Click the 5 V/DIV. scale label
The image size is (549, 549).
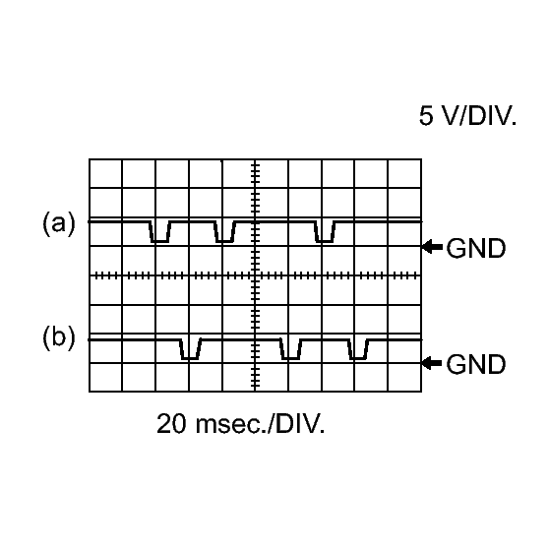[468, 117]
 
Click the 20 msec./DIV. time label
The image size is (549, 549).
[240, 425]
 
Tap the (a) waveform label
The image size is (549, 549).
[58, 223]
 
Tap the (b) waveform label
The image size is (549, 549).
[58, 337]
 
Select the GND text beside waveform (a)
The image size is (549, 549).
[476, 249]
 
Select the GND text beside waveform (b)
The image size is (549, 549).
[476, 364]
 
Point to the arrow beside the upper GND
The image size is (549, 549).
[431, 248]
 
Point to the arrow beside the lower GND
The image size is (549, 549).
[431, 363]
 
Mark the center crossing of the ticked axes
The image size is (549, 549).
[256, 276]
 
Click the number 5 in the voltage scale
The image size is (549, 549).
[426, 117]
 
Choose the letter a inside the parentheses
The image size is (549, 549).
[58, 224]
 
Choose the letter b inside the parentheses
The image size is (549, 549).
[58, 337]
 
